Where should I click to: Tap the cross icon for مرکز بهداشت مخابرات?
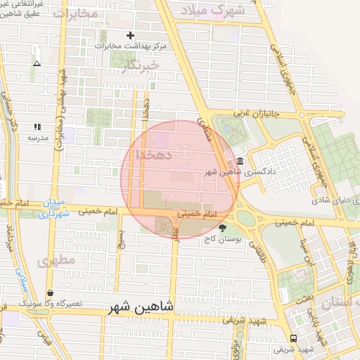[129, 35]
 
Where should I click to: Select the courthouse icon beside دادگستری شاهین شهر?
[240, 160]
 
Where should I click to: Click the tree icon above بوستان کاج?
[223, 228]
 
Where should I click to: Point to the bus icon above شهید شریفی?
[293, 337]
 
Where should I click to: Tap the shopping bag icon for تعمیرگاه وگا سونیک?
[51, 292]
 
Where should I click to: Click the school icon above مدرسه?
[37, 127]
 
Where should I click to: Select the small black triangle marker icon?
[37, 63]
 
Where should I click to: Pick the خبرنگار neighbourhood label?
[141, 65]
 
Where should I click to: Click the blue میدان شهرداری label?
[53, 210]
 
